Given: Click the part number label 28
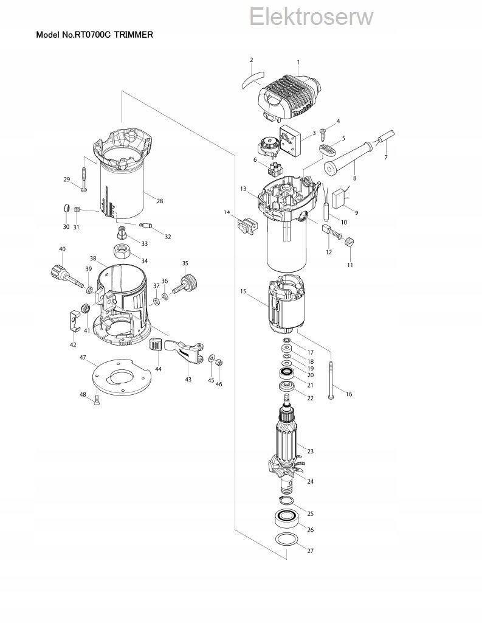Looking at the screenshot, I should pyautogui.click(x=159, y=201).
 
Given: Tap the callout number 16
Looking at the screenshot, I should pyautogui.click(x=348, y=394).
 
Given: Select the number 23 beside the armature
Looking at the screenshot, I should pyautogui.click(x=310, y=451).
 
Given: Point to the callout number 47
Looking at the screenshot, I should pyautogui.click(x=82, y=358).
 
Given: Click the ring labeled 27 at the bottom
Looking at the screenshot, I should pyautogui.click(x=286, y=540).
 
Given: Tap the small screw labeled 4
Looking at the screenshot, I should pyautogui.click(x=324, y=130).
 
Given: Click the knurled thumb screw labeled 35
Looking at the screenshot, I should pyautogui.click(x=187, y=283).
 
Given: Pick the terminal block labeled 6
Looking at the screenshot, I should pyautogui.click(x=272, y=168).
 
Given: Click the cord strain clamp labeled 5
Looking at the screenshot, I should pyautogui.click(x=326, y=148).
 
